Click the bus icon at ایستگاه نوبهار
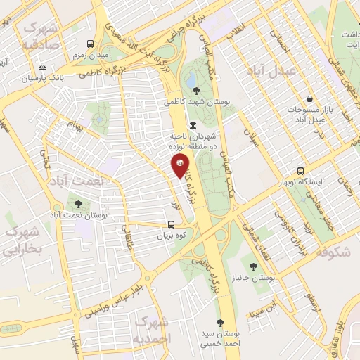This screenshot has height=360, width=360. click(x=301, y=171)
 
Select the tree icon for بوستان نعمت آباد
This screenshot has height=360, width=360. click(x=77, y=204)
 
